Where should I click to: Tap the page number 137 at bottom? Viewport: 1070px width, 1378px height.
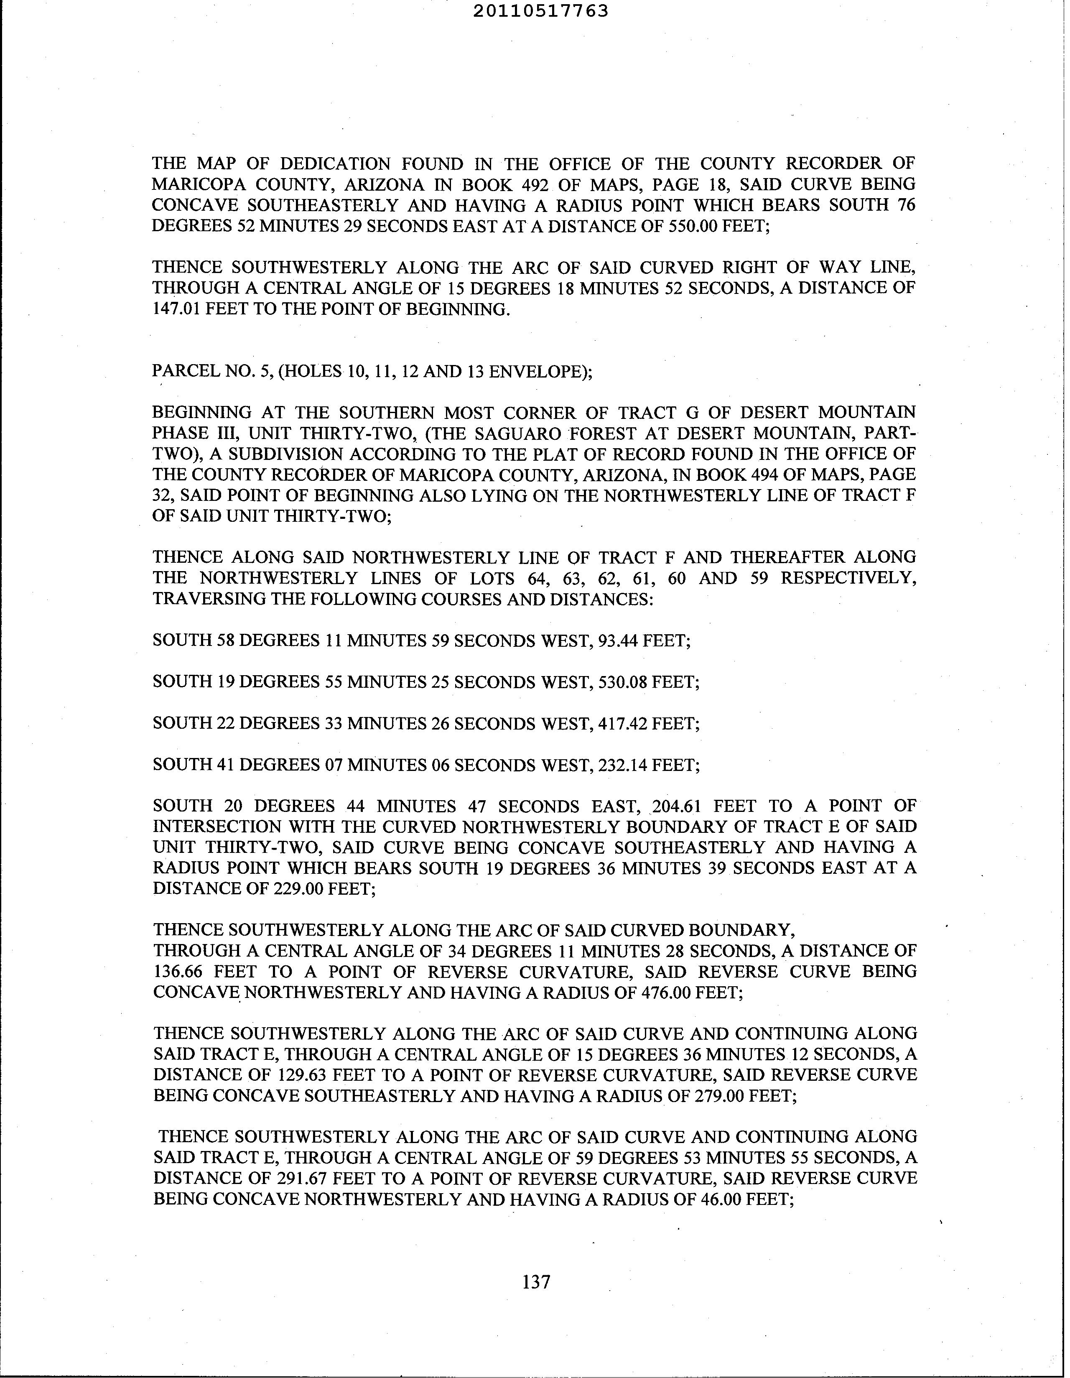click(x=536, y=1281)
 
